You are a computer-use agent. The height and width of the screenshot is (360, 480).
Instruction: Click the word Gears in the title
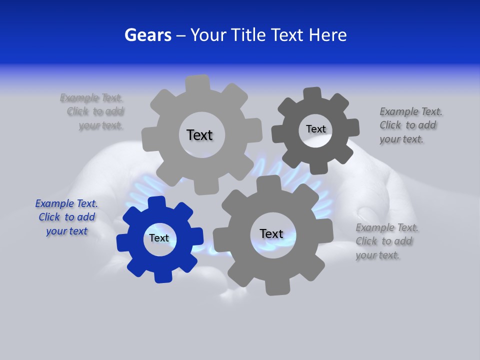click(x=147, y=35)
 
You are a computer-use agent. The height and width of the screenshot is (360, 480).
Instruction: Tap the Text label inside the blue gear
click(x=159, y=238)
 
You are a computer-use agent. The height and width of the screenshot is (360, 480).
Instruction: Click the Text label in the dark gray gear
click(x=315, y=129)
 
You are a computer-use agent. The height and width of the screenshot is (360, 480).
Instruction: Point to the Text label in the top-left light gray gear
click(x=199, y=135)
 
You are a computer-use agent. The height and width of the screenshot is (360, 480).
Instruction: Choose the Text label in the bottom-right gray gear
click(x=271, y=233)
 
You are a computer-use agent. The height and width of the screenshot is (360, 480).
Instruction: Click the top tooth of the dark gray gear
click(x=312, y=94)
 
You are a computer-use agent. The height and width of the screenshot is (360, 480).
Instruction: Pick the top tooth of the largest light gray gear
click(x=198, y=83)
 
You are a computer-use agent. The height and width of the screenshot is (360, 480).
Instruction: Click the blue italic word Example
click(x=54, y=203)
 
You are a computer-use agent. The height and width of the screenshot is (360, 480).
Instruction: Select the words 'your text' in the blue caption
click(x=67, y=231)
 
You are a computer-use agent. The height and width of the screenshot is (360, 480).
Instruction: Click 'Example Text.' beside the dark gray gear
click(x=411, y=111)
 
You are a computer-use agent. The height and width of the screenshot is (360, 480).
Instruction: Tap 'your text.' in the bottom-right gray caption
click(x=377, y=255)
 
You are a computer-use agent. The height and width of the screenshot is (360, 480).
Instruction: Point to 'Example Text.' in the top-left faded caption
click(x=91, y=97)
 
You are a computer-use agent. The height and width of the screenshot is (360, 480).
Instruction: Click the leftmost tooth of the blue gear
click(x=123, y=243)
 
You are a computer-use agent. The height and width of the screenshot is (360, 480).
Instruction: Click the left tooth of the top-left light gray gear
click(x=148, y=139)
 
